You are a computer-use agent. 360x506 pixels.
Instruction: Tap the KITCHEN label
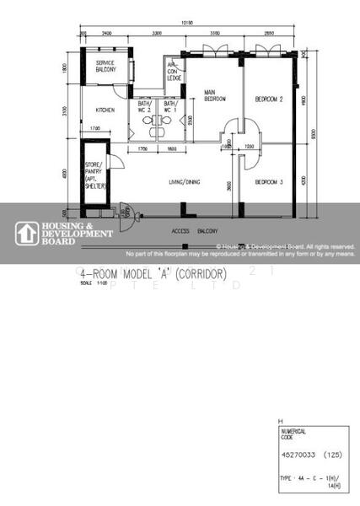pos(105,110)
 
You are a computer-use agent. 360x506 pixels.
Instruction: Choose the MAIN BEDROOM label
pos(215,96)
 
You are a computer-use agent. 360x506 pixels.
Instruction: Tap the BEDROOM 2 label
pos(268,99)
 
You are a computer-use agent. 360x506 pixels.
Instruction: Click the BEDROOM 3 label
pos(268,180)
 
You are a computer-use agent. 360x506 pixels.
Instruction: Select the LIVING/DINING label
pos(184,180)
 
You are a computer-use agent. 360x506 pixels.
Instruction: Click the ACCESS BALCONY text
pos(195,230)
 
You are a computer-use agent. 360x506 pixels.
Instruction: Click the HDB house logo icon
pos(27,233)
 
